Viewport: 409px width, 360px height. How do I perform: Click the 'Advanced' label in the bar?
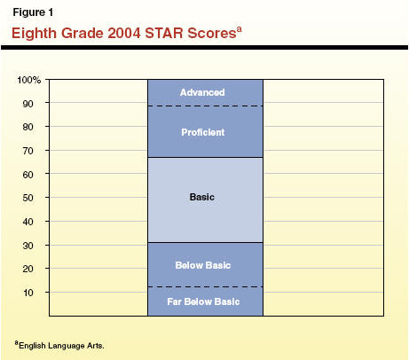pos(202,92)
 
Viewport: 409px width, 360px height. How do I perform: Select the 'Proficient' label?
pos(203,132)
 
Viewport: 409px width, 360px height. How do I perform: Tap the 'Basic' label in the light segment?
pos(202,197)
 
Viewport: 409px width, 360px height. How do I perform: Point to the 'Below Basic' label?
pos(203,265)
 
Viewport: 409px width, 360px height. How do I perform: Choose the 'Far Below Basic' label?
pos(203,301)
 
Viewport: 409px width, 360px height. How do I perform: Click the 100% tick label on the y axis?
pos(29,80)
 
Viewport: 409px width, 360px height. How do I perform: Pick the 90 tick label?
pos(28,104)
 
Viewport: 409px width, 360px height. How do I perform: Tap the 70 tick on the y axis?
pos(28,151)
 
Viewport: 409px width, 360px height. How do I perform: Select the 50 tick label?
pos(28,198)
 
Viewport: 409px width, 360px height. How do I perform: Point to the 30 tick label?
pos(28,246)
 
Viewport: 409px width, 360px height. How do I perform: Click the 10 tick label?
pos(28,293)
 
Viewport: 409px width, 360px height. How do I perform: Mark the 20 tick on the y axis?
pos(28,269)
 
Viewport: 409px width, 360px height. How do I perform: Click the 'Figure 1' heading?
pos(33,12)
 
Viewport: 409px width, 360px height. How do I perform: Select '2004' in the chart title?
pos(124,33)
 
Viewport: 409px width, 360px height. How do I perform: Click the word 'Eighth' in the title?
pos(34,34)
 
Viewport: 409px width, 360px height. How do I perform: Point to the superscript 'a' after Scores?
pos(239,29)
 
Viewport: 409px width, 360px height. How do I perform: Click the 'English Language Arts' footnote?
pos(61,346)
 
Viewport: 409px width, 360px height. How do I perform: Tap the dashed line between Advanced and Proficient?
pos(205,106)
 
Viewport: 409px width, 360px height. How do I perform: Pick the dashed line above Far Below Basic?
pos(205,286)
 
